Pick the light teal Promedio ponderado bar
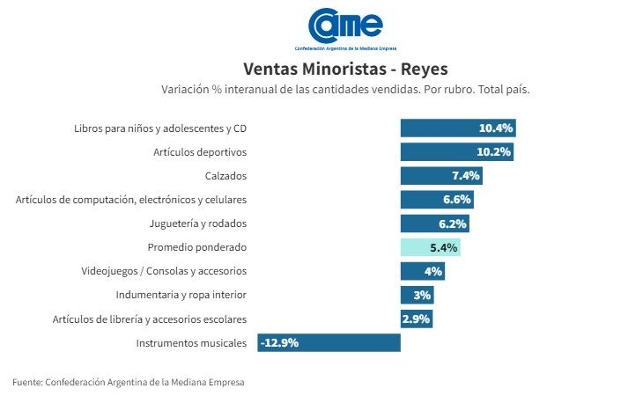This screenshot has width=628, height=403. (430, 247)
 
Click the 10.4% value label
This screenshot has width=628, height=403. (496, 128)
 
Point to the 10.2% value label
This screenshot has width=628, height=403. (495, 151)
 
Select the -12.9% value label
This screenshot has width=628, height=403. (279, 342)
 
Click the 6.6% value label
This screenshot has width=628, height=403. (457, 200)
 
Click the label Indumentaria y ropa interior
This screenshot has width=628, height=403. (181, 295)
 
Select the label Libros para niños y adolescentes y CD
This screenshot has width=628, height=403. (160, 128)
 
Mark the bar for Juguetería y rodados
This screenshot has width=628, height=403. (434, 223)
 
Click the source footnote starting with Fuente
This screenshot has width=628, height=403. (129, 382)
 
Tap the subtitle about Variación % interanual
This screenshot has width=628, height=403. (344, 90)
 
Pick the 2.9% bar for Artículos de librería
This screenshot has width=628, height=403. (416, 319)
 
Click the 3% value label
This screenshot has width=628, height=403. (422, 295)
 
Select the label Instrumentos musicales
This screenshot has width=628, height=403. (192, 342)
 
